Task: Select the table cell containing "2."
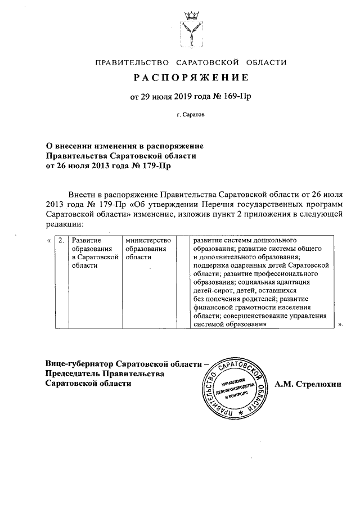tap(61, 240)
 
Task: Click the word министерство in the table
tap(148, 240)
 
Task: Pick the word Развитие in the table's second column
tap(86, 240)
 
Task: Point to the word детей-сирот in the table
tap(210, 290)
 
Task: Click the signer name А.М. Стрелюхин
tap(308, 384)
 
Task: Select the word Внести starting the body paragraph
tap(80, 193)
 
